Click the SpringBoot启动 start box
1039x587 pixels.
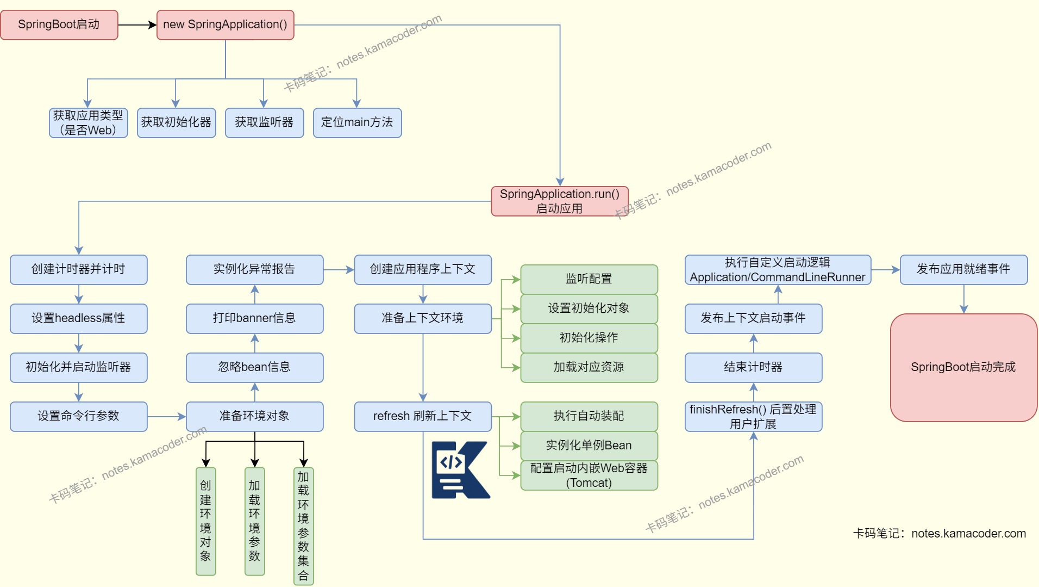point(59,24)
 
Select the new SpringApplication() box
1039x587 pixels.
point(225,24)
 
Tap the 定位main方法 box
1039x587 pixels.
point(357,122)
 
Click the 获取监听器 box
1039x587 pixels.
point(264,122)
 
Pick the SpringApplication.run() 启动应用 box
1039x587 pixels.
point(560,201)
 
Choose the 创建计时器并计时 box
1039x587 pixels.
point(78,269)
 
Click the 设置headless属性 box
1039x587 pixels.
point(78,318)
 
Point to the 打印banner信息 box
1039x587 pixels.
point(254,318)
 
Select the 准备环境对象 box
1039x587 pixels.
point(254,416)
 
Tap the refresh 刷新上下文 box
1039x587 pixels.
point(423,416)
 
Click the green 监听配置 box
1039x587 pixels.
point(589,279)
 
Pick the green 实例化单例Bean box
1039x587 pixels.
point(589,446)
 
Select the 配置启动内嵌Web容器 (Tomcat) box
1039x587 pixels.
point(589,475)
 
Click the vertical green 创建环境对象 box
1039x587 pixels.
point(205,521)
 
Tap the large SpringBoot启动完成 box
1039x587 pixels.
point(963,367)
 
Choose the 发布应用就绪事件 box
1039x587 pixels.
point(963,269)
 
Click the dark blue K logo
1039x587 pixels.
point(460,470)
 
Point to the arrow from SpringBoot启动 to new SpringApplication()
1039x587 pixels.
point(137,24)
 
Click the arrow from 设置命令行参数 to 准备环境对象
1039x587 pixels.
point(166,417)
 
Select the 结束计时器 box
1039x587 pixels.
point(753,367)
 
